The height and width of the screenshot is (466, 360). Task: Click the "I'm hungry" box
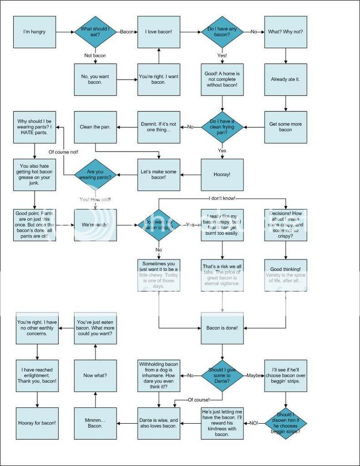point(34,32)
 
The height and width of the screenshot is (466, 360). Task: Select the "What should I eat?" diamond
point(95,32)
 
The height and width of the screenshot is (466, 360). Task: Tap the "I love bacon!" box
point(159,32)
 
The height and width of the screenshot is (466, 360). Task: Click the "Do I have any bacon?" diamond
point(222,32)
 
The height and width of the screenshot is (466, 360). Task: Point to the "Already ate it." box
point(285,80)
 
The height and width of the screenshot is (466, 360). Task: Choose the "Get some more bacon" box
point(285,127)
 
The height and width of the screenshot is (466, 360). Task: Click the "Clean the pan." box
point(95,127)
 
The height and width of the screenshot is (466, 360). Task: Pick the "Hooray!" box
point(222,175)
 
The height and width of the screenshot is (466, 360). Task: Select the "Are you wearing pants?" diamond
point(95,175)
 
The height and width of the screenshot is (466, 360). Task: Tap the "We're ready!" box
point(95,225)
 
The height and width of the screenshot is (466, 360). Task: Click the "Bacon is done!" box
point(222,328)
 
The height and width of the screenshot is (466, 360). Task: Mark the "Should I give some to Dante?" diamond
point(222,375)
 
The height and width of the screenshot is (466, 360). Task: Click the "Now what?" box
point(95,375)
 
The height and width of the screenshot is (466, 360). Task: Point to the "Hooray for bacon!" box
point(37,423)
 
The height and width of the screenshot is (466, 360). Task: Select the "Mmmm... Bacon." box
point(95,423)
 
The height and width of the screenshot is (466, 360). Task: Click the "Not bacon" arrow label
point(95,56)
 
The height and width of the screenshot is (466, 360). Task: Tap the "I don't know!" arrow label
point(222,198)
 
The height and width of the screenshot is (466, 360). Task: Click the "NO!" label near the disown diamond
point(254,423)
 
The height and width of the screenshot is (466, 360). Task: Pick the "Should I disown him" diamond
point(285,423)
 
